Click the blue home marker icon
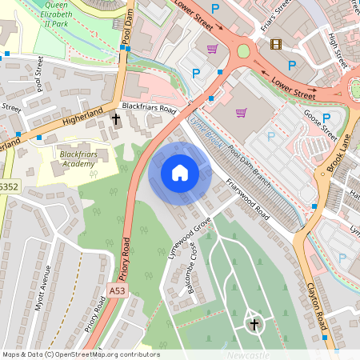(x=180, y=172)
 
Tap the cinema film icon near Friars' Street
(x=276, y=44)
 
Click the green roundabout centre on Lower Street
(x=243, y=51)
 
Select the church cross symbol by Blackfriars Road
(x=116, y=119)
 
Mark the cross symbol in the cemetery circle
(x=254, y=324)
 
